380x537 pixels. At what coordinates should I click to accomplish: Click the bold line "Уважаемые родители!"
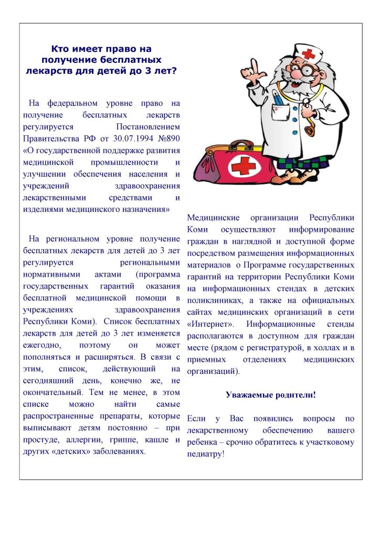(271, 395)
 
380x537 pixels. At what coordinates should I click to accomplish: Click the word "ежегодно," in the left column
(43, 346)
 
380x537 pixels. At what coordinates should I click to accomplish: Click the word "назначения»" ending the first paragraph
(144, 209)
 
